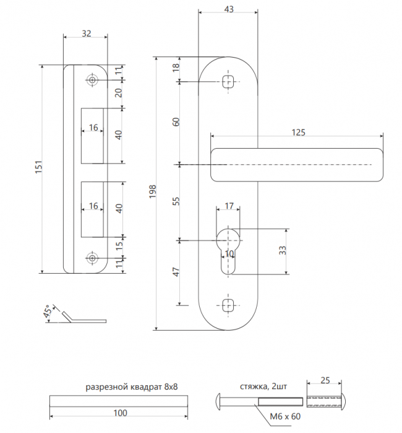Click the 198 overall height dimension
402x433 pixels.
pos(153,191)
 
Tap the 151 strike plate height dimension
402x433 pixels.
pos(38,167)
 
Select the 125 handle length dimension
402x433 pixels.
pos(298,133)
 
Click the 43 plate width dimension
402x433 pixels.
pos(229,9)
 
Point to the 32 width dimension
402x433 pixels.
pos(87,33)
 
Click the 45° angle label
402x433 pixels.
pos(48,311)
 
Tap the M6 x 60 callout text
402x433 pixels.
pos(285,416)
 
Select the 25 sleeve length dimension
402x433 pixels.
pos(325,380)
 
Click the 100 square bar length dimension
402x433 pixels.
pos(120,413)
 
